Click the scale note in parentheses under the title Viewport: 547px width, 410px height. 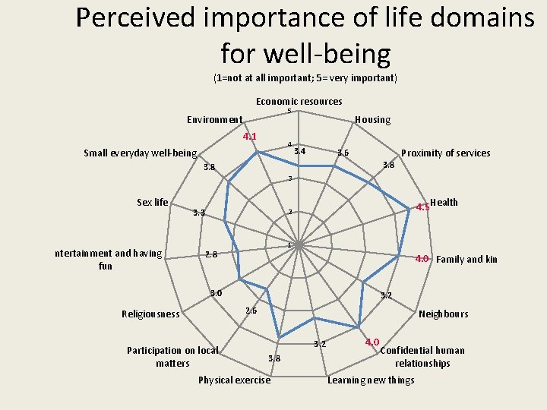(305, 78)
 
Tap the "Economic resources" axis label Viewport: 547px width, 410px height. (299, 102)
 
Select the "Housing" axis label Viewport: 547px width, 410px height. (372, 119)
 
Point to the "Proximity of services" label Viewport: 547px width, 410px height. (445, 153)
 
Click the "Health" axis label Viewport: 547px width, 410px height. (444, 202)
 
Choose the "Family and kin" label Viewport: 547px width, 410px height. (466, 259)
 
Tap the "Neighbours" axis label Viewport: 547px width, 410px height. (444, 314)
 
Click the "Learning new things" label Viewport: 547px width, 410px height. (371, 380)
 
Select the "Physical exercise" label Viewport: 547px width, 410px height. (234, 380)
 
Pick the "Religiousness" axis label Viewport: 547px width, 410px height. (150, 314)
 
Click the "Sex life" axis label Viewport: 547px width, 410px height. (152, 202)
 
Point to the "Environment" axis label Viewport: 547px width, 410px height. (215, 119)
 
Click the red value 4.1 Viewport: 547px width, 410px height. (249, 137)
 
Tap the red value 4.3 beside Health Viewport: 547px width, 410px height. (422, 207)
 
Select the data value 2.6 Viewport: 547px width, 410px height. (251, 310)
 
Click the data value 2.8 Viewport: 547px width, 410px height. (211, 254)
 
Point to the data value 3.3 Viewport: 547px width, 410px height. (199, 213)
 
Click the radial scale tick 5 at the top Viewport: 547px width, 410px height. (289, 112)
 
